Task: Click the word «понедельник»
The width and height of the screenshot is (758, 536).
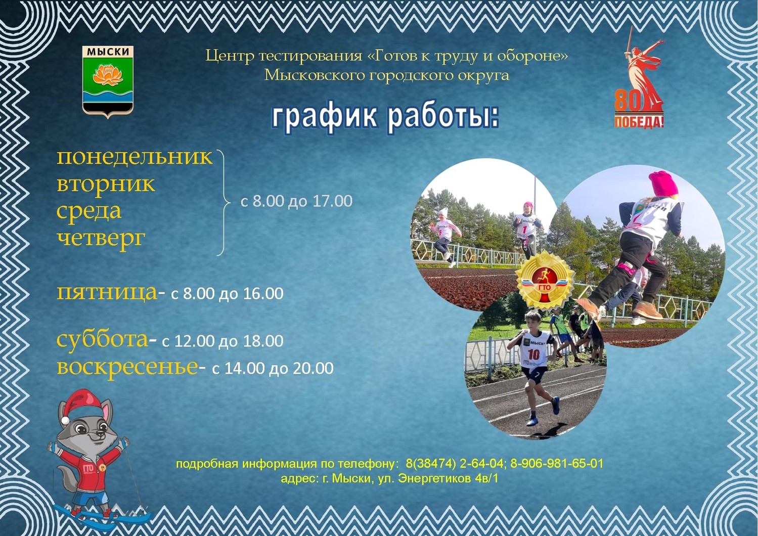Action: click(135, 157)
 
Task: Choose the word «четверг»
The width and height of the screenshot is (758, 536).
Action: click(101, 239)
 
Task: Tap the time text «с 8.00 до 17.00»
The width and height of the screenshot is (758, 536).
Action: click(296, 201)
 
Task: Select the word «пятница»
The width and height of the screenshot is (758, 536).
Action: click(107, 293)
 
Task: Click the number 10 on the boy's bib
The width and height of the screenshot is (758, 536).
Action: click(533, 354)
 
